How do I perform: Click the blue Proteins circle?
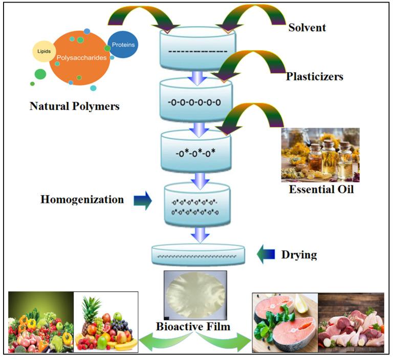[123, 45]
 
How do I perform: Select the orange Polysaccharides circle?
[80, 57]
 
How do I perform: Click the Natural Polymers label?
[75, 107]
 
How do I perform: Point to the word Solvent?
[307, 28]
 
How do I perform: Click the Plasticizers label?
[314, 77]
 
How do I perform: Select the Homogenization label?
[82, 200]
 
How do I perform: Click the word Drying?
[299, 255]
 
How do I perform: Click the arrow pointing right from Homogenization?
[143, 201]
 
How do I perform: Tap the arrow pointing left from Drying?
[266, 255]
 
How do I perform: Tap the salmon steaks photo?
[285, 322]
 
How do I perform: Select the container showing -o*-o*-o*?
[196, 152]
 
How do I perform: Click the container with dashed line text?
[196, 50]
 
